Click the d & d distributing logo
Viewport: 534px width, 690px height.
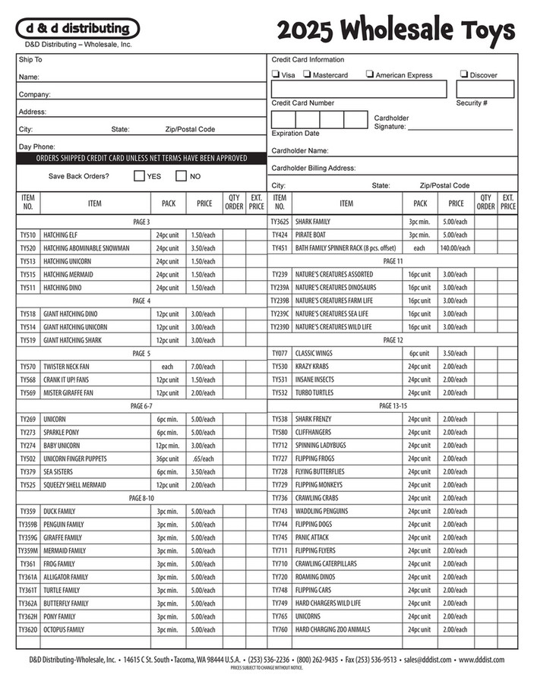coord(77,29)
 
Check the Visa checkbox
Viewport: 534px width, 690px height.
coord(275,74)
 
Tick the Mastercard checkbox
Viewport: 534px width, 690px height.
coord(307,74)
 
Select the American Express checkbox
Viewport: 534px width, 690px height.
coord(369,74)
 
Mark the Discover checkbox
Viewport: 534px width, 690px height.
coord(463,74)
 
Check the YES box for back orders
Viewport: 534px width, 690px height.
coord(139,176)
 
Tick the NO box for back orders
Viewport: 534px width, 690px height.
coord(181,176)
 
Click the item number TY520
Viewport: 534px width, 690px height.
coord(28,248)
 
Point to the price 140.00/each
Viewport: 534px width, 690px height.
coord(455,248)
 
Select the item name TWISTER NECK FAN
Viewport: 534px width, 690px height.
coord(69,367)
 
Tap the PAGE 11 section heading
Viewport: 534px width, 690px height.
coord(393,261)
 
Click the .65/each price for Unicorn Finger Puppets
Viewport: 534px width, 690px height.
coord(203,458)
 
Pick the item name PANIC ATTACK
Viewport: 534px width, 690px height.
coord(313,537)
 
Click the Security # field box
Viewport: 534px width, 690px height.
coord(495,90)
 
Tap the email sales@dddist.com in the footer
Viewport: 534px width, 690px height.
coord(428,660)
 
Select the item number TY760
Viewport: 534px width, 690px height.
coord(280,629)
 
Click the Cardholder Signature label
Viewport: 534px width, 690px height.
coord(391,122)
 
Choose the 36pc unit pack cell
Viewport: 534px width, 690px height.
coord(167,458)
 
